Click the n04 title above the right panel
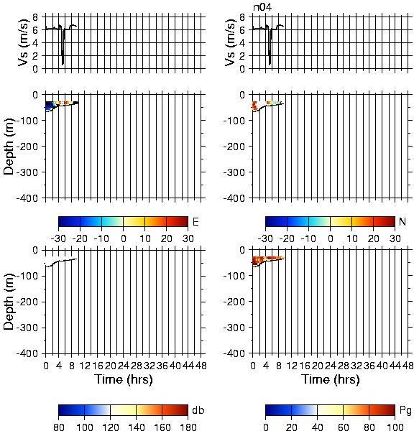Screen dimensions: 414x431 [x=262, y=7]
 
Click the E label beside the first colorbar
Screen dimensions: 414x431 [x=195, y=221]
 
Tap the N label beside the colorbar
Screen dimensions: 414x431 [x=402, y=221]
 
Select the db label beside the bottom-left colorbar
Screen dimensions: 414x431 [x=198, y=410]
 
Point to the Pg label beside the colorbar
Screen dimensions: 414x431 [x=405, y=411]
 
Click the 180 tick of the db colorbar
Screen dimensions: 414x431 [x=188, y=427]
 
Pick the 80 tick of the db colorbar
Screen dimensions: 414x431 [x=59, y=427]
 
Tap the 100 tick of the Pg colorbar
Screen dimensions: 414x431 [x=395, y=427]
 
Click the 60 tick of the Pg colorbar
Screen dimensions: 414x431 [x=343, y=427]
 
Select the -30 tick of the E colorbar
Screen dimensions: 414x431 [x=58, y=238]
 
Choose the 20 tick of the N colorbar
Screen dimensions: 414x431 [x=373, y=238]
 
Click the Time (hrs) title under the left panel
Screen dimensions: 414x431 [x=124, y=379]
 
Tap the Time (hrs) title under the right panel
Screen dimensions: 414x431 [x=331, y=379]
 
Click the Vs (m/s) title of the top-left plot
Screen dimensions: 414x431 [x=24, y=42]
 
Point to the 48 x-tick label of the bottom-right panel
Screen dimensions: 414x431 [x=408, y=366]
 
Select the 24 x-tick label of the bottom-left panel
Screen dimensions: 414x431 [x=123, y=366]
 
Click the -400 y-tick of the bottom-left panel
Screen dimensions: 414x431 [x=27, y=353]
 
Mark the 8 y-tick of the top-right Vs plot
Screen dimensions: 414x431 [x=242, y=17]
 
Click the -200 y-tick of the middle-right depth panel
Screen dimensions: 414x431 [x=234, y=147]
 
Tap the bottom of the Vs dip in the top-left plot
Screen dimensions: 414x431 [x=63, y=65]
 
